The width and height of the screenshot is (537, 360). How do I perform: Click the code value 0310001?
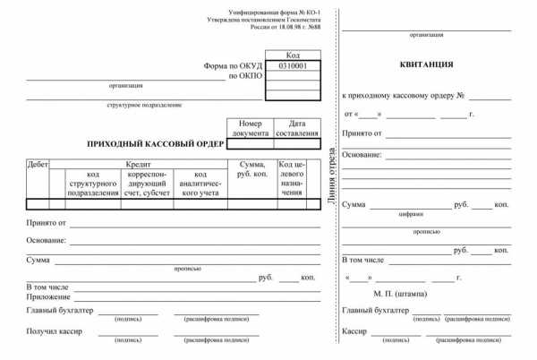(294, 65)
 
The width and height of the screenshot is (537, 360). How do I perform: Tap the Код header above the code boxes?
(294, 55)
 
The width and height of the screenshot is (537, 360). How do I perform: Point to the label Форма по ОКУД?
(231, 65)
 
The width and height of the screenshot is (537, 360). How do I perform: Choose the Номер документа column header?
(250, 128)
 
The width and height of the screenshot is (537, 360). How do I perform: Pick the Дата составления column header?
(296, 128)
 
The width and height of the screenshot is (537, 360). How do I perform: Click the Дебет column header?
(38, 165)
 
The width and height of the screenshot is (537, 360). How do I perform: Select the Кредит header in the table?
(138, 165)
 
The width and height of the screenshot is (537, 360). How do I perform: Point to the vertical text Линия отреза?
(333, 176)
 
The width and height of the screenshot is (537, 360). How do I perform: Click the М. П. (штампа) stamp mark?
(400, 293)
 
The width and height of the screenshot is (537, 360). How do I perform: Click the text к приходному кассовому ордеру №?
(403, 94)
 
